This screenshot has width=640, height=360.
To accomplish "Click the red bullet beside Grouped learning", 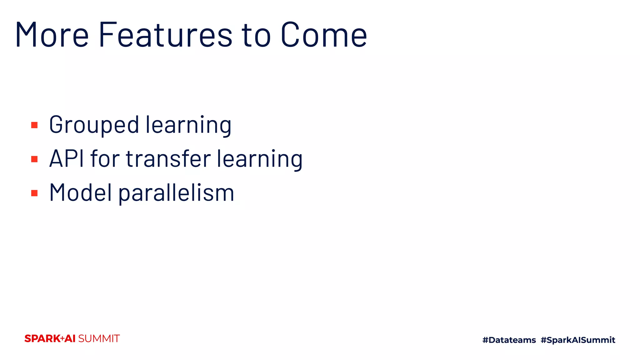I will click(x=34, y=125).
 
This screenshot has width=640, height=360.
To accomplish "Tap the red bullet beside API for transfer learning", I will click(x=34, y=159).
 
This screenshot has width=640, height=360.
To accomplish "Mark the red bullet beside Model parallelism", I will click(x=34, y=193).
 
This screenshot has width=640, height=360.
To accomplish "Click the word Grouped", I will click(x=94, y=125).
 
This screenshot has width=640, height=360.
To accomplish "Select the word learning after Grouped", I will click(x=189, y=125).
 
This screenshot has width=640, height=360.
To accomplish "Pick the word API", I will click(x=67, y=159).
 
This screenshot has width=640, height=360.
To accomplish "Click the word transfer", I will click(x=168, y=159).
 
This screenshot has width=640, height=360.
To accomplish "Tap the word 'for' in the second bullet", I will click(x=105, y=159).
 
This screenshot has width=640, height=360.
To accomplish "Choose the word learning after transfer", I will click(x=260, y=159).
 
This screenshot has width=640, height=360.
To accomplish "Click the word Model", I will click(x=80, y=192).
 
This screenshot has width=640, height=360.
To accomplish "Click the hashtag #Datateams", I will click(x=509, y=340).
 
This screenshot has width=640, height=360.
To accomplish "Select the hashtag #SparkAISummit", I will click(x=578, y=340).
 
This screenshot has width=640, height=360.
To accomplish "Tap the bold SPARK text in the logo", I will click(x=42, y=338).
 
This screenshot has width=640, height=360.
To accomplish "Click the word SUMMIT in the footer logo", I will click(x=99, y=338).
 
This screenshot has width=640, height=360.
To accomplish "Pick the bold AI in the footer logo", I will click(x=70, y=338).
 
